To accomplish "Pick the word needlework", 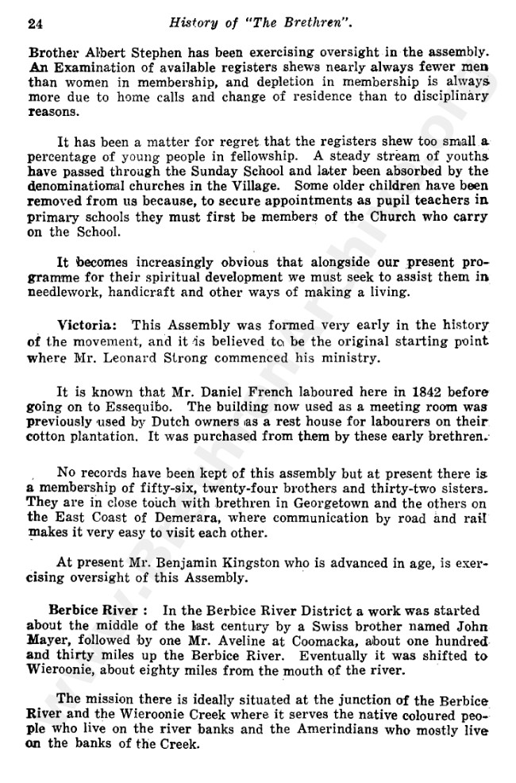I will (x=67, y=291).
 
